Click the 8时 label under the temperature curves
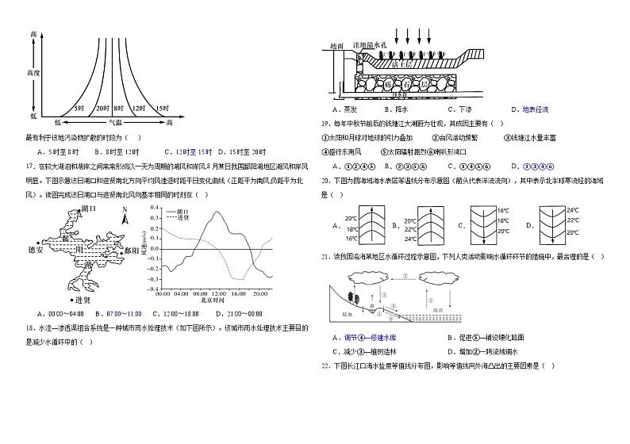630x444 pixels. coord(119,108)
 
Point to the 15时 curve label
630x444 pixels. coord(161,108)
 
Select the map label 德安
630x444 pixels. coord(33,249)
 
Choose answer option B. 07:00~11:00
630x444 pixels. coord(119,314)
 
